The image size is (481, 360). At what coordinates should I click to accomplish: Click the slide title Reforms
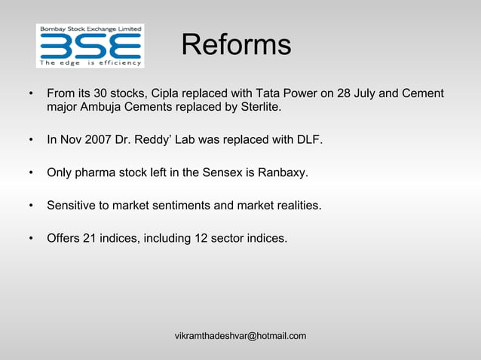click(x=236, y=44)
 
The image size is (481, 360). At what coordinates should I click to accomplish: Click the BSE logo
click(x=90, y=45)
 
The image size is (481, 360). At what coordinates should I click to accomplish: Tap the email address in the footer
click(x=240, y=335)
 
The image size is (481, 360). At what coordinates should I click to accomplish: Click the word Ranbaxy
click(x=283, y=172)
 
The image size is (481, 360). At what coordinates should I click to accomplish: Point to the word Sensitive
click(x=74, y=205)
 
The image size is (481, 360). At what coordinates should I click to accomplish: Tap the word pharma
click(x=96, y=172)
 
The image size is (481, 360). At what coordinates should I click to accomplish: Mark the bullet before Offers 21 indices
click(x=30, y=238)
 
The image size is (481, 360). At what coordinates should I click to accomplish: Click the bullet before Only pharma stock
click(x=30, y=172)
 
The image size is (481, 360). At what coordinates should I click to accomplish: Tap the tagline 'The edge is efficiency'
click(x=90, y=63)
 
